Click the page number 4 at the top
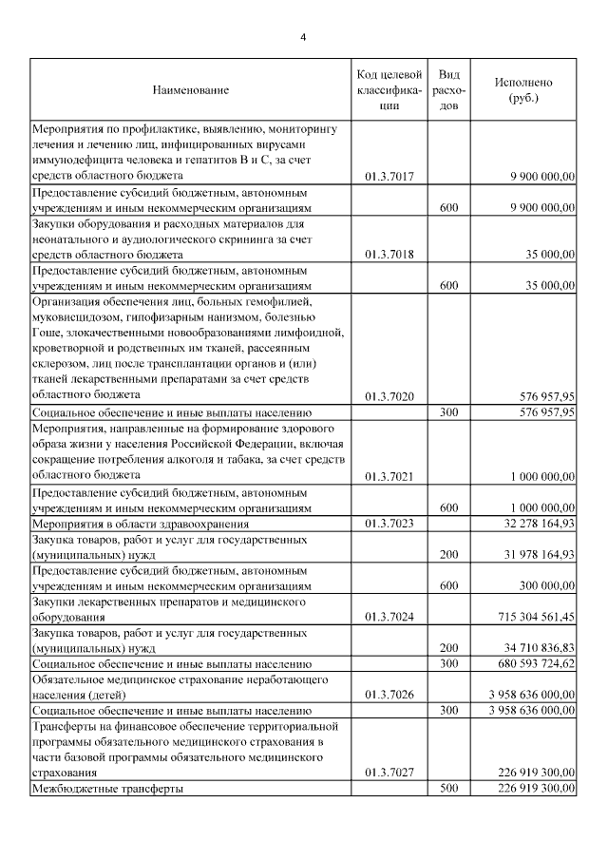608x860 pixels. coord(303,37)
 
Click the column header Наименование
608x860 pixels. coord(190,89)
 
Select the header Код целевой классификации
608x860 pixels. coord(389,89)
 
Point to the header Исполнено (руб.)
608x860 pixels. coord(523,89)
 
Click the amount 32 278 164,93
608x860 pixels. coord(533,523)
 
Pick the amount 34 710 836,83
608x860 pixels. coord(533,647)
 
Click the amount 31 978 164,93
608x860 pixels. coord(533,554)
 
